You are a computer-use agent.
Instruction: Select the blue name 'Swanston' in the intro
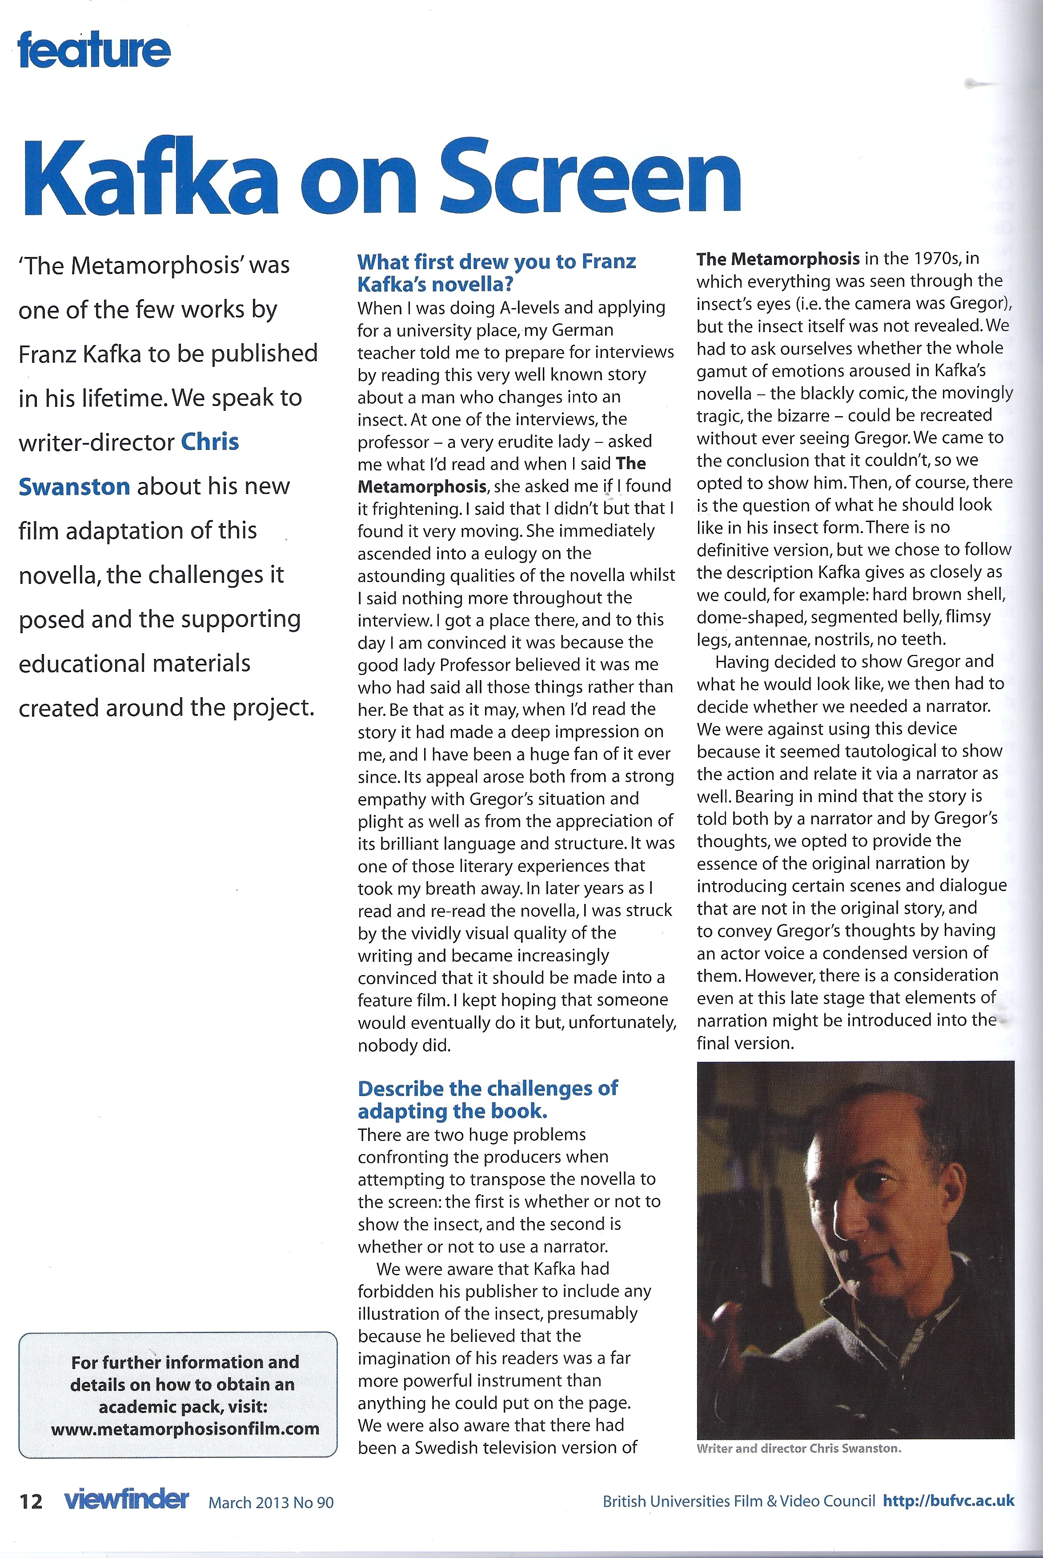point(74,486)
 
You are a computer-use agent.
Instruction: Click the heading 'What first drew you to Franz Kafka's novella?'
point(496,273)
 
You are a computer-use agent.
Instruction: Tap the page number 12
point(31,1502)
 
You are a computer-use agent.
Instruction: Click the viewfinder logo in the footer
point(126,1499)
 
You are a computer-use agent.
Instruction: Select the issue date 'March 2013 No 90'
point(271,1502)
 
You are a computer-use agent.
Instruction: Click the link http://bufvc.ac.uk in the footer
point(949,1501)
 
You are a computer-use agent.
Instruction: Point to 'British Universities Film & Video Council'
point(738,1501)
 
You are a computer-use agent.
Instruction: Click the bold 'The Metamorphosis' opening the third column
point(778,258)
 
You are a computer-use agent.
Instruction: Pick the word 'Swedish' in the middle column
point(445,1448)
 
